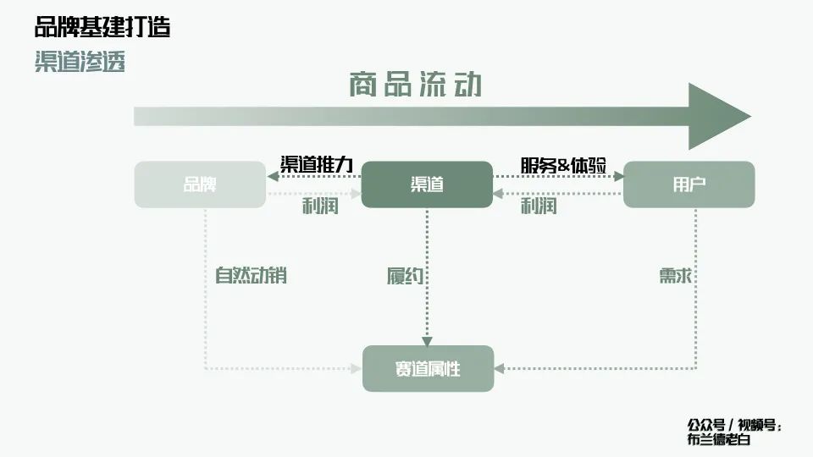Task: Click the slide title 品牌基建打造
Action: point(102,27)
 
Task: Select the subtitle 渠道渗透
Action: point(80,62)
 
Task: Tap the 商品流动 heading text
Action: point(415,85)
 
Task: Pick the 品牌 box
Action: point(200,184)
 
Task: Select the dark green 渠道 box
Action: point(427,184)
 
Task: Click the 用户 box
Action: point(689,184)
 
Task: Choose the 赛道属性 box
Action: point(428,369)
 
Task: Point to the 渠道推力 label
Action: point(316,165)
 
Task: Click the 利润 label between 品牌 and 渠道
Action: point(320,206)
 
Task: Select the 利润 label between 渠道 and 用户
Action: point(538,206)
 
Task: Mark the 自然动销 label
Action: point(251,275)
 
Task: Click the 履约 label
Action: point(405,276)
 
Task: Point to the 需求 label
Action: point(677,276)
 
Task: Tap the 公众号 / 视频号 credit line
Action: point(734,425)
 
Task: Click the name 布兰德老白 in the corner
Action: point(719,439)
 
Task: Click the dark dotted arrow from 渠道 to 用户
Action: point(558,177)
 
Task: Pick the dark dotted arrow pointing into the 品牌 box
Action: point(313,176)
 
